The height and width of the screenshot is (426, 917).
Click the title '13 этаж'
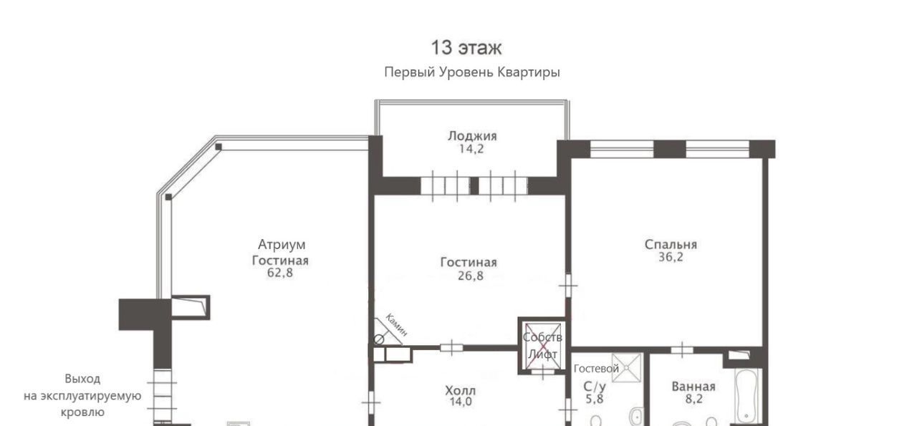(x=466, y=48)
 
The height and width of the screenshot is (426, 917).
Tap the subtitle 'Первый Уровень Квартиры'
(x=472, y=72)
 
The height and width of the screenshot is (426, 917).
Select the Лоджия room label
(x=472, y=136)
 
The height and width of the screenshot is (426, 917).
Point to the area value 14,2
(x=471, y=149)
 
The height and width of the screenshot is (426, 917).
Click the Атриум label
(x=282, y=245)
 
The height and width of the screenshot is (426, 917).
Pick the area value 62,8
(x=280, y=273)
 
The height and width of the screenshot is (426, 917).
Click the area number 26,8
(x=471, y=276)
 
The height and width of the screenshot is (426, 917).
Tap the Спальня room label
(x=671, y=244)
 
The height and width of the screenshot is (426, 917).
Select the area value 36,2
(x=671, y=257)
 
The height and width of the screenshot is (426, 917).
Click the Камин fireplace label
(x=396, y=325)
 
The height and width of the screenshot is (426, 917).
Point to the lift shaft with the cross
(x=542, y=346)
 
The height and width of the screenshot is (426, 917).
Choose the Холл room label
(x=461, y=391)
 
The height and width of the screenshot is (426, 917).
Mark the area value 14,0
(x=461, y=402)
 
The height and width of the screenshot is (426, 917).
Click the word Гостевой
(x=596, y=369)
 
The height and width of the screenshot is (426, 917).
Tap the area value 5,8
(x=594, y=399)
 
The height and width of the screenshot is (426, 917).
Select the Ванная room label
(x=693, y=387)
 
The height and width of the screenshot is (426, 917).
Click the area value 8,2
(x=694, y=399)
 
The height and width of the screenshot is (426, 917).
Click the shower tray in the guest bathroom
(x=627, y=368)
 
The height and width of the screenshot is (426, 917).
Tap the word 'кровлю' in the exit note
(x=82, y=412)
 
